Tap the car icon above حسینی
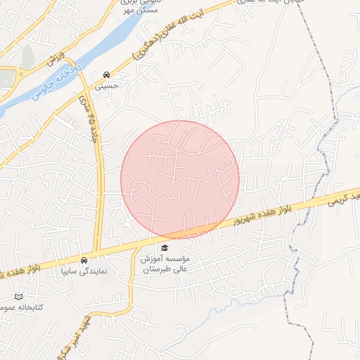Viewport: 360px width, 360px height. click(106, 75)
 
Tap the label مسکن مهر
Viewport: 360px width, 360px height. click(155, 12)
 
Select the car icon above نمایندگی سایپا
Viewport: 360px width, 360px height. click(84, 259)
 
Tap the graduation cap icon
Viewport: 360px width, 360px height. click(165, 247)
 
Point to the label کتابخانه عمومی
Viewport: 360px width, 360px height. click(21, 308)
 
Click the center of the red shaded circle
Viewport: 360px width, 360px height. click(180, 179)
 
